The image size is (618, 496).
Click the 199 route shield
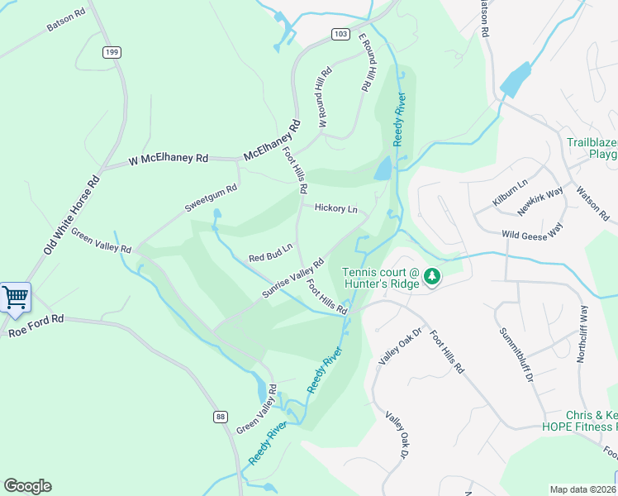coord(112,52)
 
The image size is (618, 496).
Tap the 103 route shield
coord(340,34)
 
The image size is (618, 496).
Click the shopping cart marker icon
coord(15,297)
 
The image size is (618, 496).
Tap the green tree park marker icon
coord(430,276)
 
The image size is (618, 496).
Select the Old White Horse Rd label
coord(71,213)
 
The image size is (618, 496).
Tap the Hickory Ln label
coord(335,209)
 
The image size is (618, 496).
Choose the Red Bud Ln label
coord(271,252)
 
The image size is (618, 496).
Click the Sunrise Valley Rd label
coord(292,279)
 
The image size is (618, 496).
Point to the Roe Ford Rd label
coord(36,328)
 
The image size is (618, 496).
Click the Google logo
coord(27,486)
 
